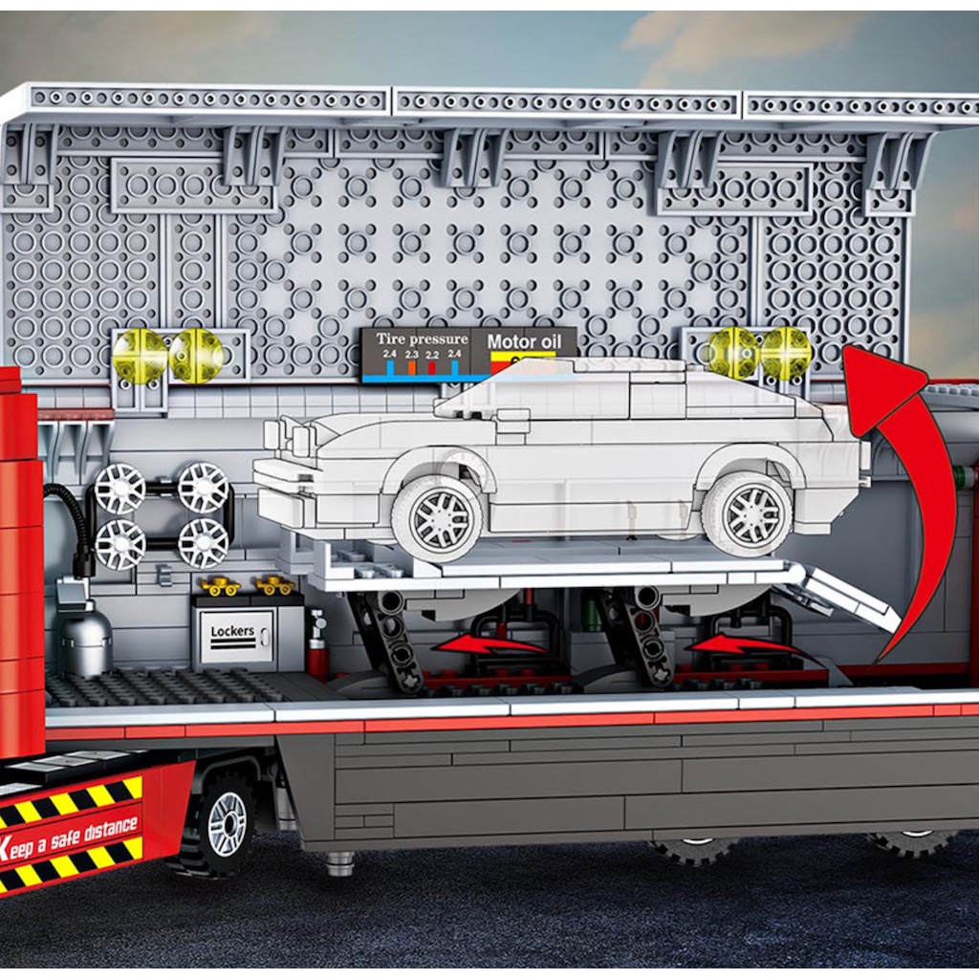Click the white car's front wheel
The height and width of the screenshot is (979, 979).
click(438, 519)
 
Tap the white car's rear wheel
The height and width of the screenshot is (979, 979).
click(748, 512)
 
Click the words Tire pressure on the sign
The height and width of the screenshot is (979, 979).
click(422, 338)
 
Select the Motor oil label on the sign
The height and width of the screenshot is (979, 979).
click(524, 340)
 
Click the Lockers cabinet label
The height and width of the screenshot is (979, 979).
click(233, 632)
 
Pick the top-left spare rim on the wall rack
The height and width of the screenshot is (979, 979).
click(120, 488)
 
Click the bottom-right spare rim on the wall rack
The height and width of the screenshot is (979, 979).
click(204, 543)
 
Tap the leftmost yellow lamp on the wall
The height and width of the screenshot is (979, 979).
click(140, 356)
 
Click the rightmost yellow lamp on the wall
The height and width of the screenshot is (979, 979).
click(786, 353)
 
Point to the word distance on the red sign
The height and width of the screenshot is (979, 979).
click(98, 830)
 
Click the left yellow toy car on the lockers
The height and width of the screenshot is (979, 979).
click(219, 585)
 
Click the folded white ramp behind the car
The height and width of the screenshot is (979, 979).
click(846, 598)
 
